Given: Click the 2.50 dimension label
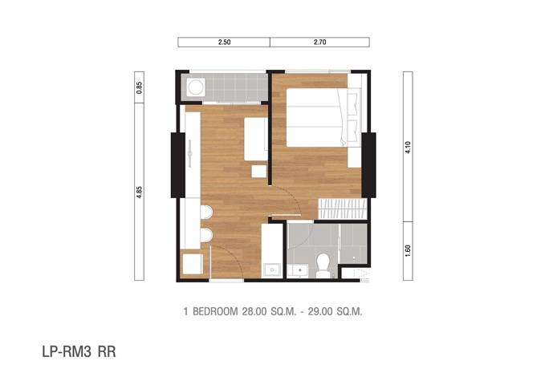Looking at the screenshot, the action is pyautogui.click(x=224, y=42).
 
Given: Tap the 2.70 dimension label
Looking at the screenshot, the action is pyautogui.click(x=319, y=42).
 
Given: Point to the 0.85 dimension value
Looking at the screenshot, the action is pyautogui.click(x=139, y=87).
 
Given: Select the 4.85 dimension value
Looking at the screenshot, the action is pyautogui.click(x=139, y=192).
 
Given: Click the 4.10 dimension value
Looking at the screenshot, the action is pyautogui.click(x=408, y=148).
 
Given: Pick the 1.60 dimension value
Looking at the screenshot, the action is pyautogui.click(x=408, y=251).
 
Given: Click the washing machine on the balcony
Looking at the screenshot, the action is pyautogui.click(x=196, y=87).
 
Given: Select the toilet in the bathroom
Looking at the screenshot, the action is pyautogui.click(x=323, y=265).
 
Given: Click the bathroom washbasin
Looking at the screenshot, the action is pyautogui.click(x=299, y=270).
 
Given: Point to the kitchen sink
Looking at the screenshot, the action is pyautogui.click(x=272, y=270).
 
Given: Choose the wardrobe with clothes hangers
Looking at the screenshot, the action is pyautogui.click(x=343, y=209).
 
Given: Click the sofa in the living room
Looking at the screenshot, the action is pyautogui.click(x=256, y=139).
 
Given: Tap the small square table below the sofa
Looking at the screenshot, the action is pyautogui.click(x=259, y=172).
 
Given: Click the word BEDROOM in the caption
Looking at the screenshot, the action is pyautogui.click(x=215, y=311).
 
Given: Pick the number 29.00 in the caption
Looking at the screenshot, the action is pyautogui.click(x=319, y=311).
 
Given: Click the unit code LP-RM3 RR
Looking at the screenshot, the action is pyautogui.click(x=79, y=351).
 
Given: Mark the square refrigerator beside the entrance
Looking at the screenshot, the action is pyautogui.click(x=193, y=264).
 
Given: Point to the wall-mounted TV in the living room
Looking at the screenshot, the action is pyautogui.click(x=189, y=153).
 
